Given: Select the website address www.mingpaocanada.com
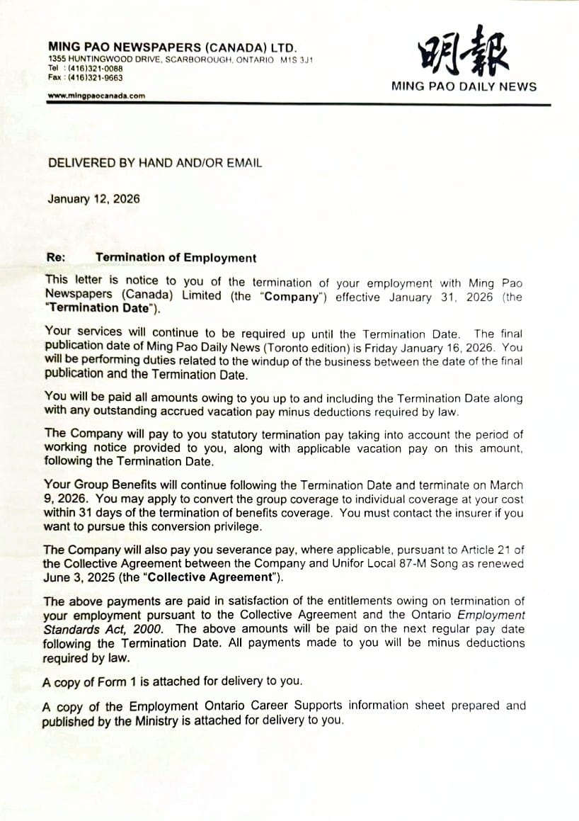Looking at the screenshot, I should tap(96, 96).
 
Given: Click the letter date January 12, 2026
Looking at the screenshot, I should tap(93, 199).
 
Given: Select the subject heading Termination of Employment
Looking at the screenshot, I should tap(176, 258).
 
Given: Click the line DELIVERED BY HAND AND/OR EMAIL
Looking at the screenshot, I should tap(154, 163).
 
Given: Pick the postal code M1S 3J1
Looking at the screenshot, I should tap(297, 60).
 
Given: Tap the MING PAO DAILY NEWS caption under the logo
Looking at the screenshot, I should tap(464, 87).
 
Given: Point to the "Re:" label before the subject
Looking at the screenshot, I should tap(56, 258).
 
